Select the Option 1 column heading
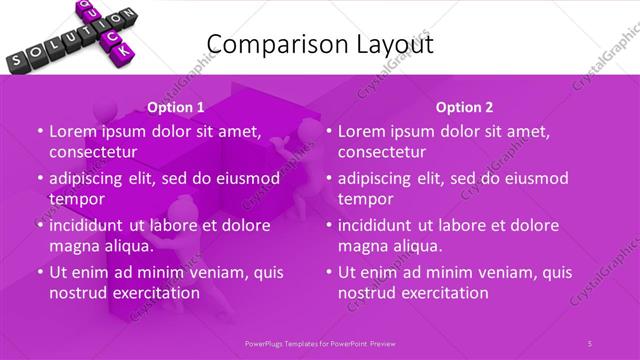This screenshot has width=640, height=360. (x=176, y=107)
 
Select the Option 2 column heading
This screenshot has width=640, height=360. (x=464, y=107)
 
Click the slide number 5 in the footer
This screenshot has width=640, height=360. (x=591, y=343)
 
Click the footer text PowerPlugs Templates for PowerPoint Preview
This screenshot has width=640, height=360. (x=319, y=343)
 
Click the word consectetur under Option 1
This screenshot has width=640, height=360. (x=93, y=152)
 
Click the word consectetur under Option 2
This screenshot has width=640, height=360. (x=382, y=152)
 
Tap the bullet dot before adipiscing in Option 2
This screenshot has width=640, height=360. (x=329, y=179)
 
